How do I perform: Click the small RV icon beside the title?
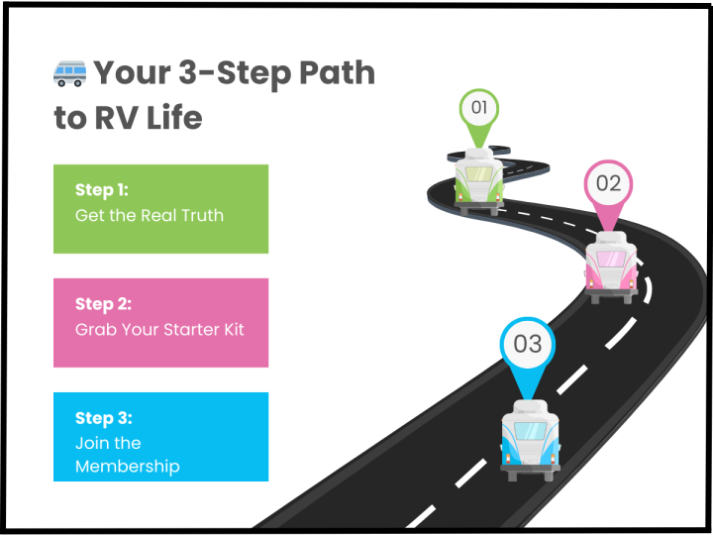(69, 72)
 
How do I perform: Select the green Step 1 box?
(160, 208)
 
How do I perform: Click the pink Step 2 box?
(160, 322)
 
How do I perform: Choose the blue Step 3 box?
(160, 436)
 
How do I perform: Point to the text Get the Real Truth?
(149, 215)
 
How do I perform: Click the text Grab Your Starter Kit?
(158, 329)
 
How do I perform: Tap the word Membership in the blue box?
(127, 466)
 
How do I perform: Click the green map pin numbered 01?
(479, 109)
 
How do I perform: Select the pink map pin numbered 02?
(607, 185)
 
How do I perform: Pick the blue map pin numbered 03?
(527, 346)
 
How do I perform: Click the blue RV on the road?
(530, 440)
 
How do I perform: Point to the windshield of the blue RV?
(530, 432)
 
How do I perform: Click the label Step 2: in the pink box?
(103, 303)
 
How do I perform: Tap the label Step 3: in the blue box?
(103, 418)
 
